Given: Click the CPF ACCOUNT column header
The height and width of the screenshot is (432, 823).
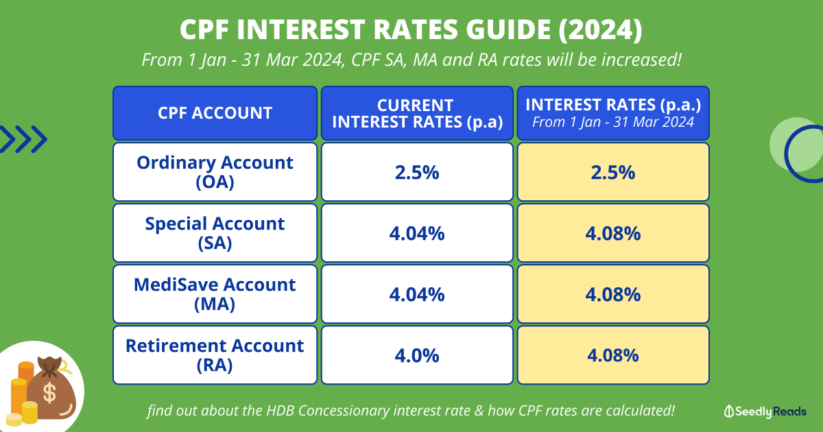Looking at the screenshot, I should pyautogui.click(x=215, y=112).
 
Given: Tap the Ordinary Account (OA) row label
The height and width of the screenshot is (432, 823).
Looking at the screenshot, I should pyautogui.click(x=215, y=171).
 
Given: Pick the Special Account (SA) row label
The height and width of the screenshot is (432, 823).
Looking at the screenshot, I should pyautogui.click(x=215, y=232).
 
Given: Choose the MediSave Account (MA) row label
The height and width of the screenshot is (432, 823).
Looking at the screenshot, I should pyautogui.click(x=215, y=293).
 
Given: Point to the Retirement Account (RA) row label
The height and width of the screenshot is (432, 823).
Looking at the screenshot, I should pyautogui.click(x=215, y=355).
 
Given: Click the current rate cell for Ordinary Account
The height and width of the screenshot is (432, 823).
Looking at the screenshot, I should pyautogui.click(x=416, y=171).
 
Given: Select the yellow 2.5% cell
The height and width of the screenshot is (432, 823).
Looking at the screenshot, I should pyautogui.click(x=612, y=171).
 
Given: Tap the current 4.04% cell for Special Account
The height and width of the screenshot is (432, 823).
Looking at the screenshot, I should pyautogui.click(x=416, y=232).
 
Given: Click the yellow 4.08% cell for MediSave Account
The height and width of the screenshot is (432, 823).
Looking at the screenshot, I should pyautogui.click(x=612, y=293).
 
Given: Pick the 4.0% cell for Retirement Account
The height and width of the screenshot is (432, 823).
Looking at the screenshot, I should pyautogui.click(x=416, y=355).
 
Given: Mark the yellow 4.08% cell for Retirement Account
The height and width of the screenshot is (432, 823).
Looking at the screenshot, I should pyautogui.click(x=612, y=355).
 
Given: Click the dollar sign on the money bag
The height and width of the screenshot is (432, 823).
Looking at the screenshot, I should pyautogui.click(x=50, y=393).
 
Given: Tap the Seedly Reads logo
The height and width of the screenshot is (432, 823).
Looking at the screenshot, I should pyautogui.click(x=765, y=411).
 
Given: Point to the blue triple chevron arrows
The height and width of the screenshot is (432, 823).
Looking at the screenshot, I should pyautogui.click(x=23, y=140).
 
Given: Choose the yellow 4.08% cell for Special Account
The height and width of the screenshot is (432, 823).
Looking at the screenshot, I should pyautogui.click(x=612, y=232).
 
